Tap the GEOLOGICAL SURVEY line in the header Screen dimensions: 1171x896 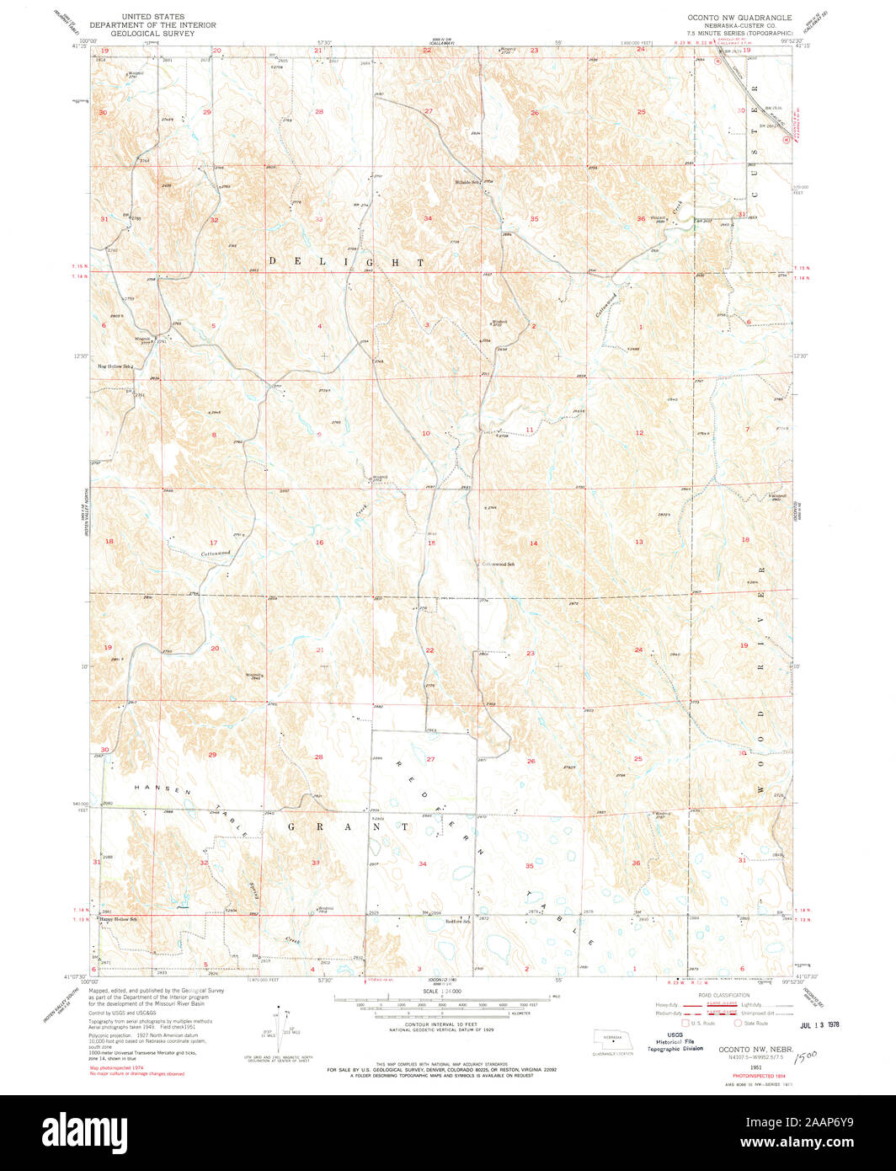point(157,34)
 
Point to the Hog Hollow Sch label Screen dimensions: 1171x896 point(116,366)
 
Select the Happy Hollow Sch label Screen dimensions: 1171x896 point(119,918)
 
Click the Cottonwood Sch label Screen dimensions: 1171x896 point(498,564)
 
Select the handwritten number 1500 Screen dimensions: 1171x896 point(804,1054)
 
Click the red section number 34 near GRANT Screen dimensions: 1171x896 point(423,864)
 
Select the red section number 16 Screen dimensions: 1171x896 point(319,543)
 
